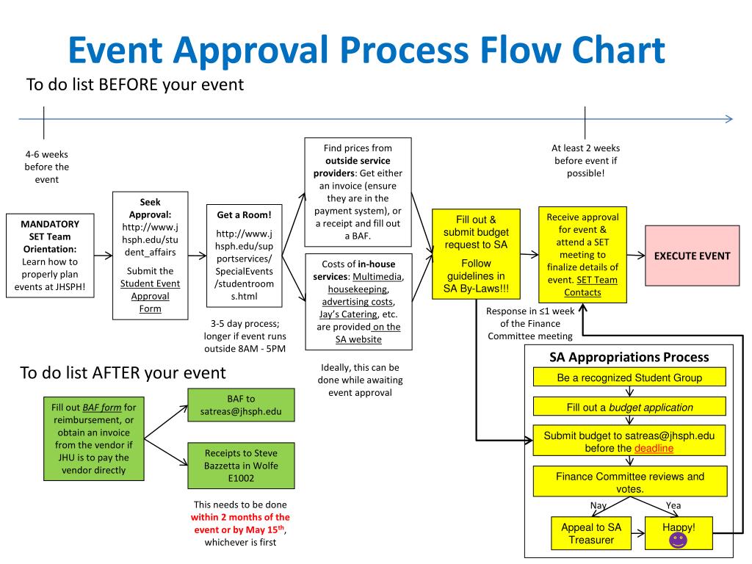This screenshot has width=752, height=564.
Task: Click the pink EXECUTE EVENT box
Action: pyautogui.click(x=692, y=256)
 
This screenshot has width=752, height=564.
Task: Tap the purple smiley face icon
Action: pyautogui.click(x=677, y=540)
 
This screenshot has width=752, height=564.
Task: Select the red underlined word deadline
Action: pyautogui.click(x=654, y=448)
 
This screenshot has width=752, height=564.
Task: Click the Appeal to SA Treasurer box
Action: pyautogui.click(x=590, y=534)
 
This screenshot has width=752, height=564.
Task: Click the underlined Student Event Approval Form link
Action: pyautogui.click(x=150, y=296)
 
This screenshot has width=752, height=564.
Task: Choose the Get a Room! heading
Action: pyautogui.click(x=244, y=215)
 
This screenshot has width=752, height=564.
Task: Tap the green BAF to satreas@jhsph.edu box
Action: pyautogui.click(x=240, y=405)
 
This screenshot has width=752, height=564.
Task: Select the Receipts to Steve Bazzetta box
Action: pyautogui.click(x=240, y=466)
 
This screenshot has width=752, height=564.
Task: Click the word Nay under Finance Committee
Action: pyautogui.click(x=599, y=506)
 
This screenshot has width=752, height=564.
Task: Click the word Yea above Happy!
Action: pyautogui.click(x=673, y=506)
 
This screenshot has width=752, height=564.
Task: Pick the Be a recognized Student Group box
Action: pyautogui.click(x=629, y=378)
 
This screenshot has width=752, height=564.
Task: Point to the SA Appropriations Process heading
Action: pyautogui.click(x=629, y=358)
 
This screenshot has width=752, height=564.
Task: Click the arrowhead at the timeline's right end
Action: pyautogui.click(x=728, y=119)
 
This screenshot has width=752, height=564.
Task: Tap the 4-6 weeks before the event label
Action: pyautogui.click(x=46, y=167)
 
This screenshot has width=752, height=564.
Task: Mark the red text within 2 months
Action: pyautogui.click(x=240, y=517)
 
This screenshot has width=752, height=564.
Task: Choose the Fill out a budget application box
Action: pyautogui.click(x=629, y=408)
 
